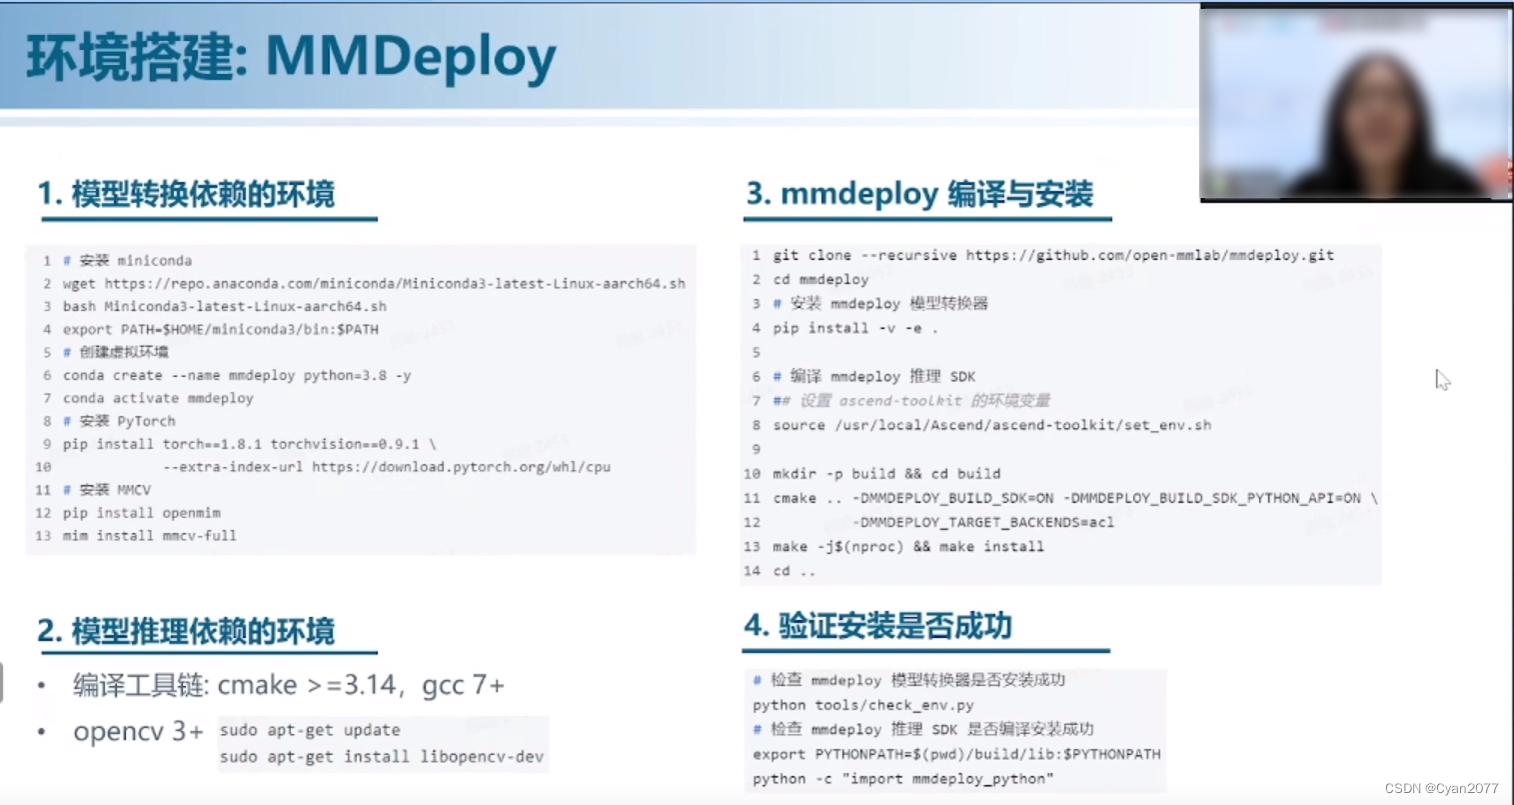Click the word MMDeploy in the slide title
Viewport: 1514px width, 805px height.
tap(410, 57)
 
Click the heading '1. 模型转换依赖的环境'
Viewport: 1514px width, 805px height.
tap(187, 194)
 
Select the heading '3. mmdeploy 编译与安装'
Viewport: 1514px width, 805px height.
tap(920, 194)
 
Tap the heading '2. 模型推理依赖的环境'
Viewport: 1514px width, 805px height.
tap(187, 632)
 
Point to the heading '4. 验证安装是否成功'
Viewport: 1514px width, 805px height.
tap(878, 627)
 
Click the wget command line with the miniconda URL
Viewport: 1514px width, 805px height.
tap(374, 284)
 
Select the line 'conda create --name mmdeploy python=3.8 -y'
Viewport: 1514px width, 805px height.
tap(237, 376)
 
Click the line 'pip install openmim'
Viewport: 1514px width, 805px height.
tap(142, 513)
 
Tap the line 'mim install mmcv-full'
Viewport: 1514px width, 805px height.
tap(150, 536)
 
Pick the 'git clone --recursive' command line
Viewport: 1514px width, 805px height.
tap(1053, 256)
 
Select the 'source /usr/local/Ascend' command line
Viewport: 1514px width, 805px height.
tap(991, 425)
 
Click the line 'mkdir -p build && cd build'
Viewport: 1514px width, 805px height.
tap(886, 474)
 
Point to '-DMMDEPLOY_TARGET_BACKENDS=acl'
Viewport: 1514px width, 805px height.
tap(983, 522)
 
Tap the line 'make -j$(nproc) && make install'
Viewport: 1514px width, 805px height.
tap(907, 547)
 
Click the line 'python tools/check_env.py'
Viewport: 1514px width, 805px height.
tap(863, 705)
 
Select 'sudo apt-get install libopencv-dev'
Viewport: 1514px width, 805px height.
tap(382, 757)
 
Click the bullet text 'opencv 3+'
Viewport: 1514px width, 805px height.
tap(138, 732)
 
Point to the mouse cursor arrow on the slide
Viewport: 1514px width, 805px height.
tap(1441, 379)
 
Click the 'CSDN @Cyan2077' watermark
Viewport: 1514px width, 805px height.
tap(1441, 789)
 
